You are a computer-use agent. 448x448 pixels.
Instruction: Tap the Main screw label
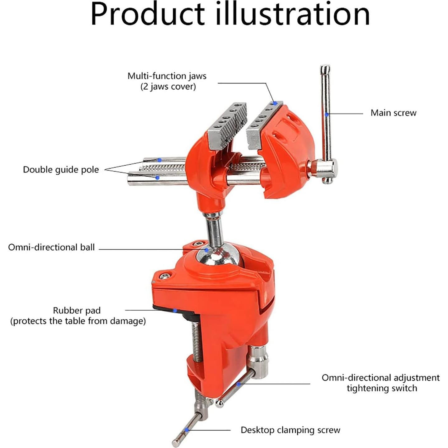pos(393,113)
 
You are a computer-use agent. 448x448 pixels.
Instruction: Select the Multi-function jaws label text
pos(167,76)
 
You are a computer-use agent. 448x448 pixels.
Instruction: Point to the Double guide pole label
pos(61,170)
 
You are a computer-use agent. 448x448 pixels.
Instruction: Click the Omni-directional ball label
pos(51,248)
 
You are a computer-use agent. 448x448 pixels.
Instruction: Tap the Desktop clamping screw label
pos(290,430)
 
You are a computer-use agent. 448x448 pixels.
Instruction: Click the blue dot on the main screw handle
pos(327,114)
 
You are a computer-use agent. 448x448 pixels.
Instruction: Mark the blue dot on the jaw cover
pos(275,103)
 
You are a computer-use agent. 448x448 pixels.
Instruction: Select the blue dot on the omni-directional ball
pos(206,249)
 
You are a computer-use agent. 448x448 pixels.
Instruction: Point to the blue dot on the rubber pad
pos(175,310)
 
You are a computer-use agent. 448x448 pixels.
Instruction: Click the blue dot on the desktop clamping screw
pos(187,430)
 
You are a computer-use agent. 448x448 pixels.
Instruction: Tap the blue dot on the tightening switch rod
pos(238,384)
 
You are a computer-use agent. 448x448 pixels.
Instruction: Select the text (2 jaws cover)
pos(168,87)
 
